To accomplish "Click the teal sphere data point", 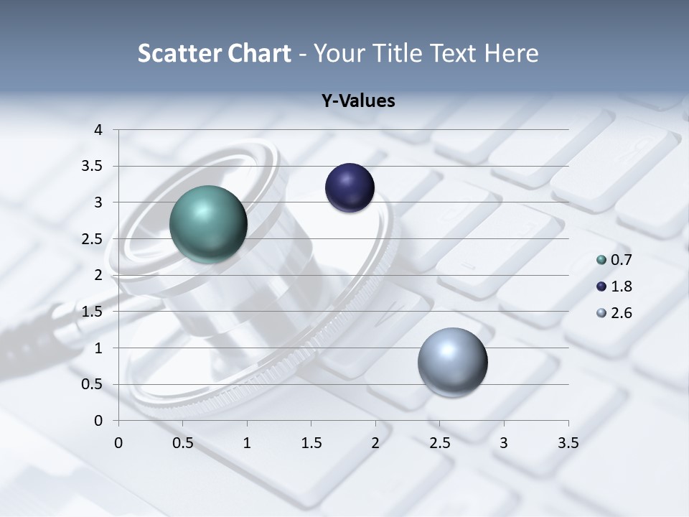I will tap(208, 224).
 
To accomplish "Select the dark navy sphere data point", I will tap(350, 188).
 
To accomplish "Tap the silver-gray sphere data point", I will tap(452, 362).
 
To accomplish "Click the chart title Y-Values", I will tap(358, 101).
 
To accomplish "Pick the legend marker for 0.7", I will tap(601, 260).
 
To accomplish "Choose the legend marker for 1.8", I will tap(601, 287).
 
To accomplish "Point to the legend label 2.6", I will tap(621, 313).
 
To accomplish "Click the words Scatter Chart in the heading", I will tap(215, 53).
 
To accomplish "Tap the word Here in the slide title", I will tap(511, 53).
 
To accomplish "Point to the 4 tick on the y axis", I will tap(98, 130).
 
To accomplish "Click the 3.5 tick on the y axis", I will tap(93, 166).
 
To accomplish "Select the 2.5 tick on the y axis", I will tap(93, 239).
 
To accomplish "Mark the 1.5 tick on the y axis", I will tap(93, 312).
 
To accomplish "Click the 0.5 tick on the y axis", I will tap(93, 384).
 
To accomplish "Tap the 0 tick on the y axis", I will tap(98, 421).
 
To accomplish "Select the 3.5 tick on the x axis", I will tap(568, 443).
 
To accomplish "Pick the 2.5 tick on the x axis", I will tap(439, 443).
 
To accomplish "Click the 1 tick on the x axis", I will tap(247, 443).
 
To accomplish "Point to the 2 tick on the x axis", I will tap(375, 443).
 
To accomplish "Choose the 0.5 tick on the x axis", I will tap(183, 443).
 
